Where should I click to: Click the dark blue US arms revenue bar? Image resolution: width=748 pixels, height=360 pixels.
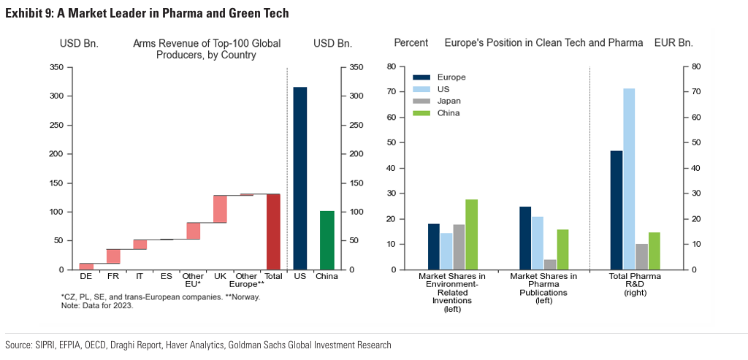(x=300, y=178)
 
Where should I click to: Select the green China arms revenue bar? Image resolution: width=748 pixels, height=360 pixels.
(x=327, y=240)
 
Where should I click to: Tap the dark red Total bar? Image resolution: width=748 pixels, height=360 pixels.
(x=274, y=231)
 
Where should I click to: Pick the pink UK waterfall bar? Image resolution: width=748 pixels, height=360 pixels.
(x=220, y=209)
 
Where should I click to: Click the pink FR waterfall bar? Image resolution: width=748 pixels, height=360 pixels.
(x=113, y=256)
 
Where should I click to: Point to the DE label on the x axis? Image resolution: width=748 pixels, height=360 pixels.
(x=86, y=277)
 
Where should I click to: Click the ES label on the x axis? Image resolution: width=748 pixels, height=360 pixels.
(x=167, y=277)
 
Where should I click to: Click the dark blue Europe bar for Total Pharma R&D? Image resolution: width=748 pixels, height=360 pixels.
(x=617, y=210)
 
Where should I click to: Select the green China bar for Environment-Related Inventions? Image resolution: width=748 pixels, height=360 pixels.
(x=471, y=234)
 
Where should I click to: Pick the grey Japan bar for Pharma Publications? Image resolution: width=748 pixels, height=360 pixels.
(x=550, y=264)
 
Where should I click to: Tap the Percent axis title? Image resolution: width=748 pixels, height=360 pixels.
(x=411, y=43)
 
